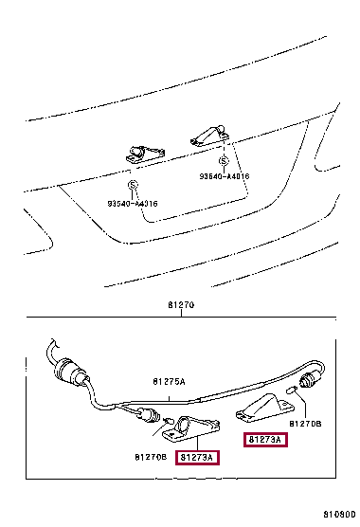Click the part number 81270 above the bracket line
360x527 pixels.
click(181, 305)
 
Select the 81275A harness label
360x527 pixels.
click(169, 381)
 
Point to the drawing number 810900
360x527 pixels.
click(339, 515)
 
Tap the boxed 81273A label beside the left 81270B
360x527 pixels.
click(197, 458)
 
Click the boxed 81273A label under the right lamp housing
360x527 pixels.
click(265, 439)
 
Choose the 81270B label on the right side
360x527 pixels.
click(305, 424)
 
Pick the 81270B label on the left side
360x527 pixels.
click(151, 457)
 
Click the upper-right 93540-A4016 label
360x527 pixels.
click(225, 176)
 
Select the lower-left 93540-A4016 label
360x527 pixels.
click(133, 204)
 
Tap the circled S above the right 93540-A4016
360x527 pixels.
click(224, 161)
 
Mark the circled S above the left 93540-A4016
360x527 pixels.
click(133, 185)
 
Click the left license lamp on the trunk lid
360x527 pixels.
click(145, 154)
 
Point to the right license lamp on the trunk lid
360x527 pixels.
click(209, 136)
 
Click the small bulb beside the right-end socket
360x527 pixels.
click(291, 390)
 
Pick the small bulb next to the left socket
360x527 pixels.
click(168, 420)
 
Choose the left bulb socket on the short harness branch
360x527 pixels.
click(148, 414)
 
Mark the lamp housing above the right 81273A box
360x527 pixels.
click(265, 408)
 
